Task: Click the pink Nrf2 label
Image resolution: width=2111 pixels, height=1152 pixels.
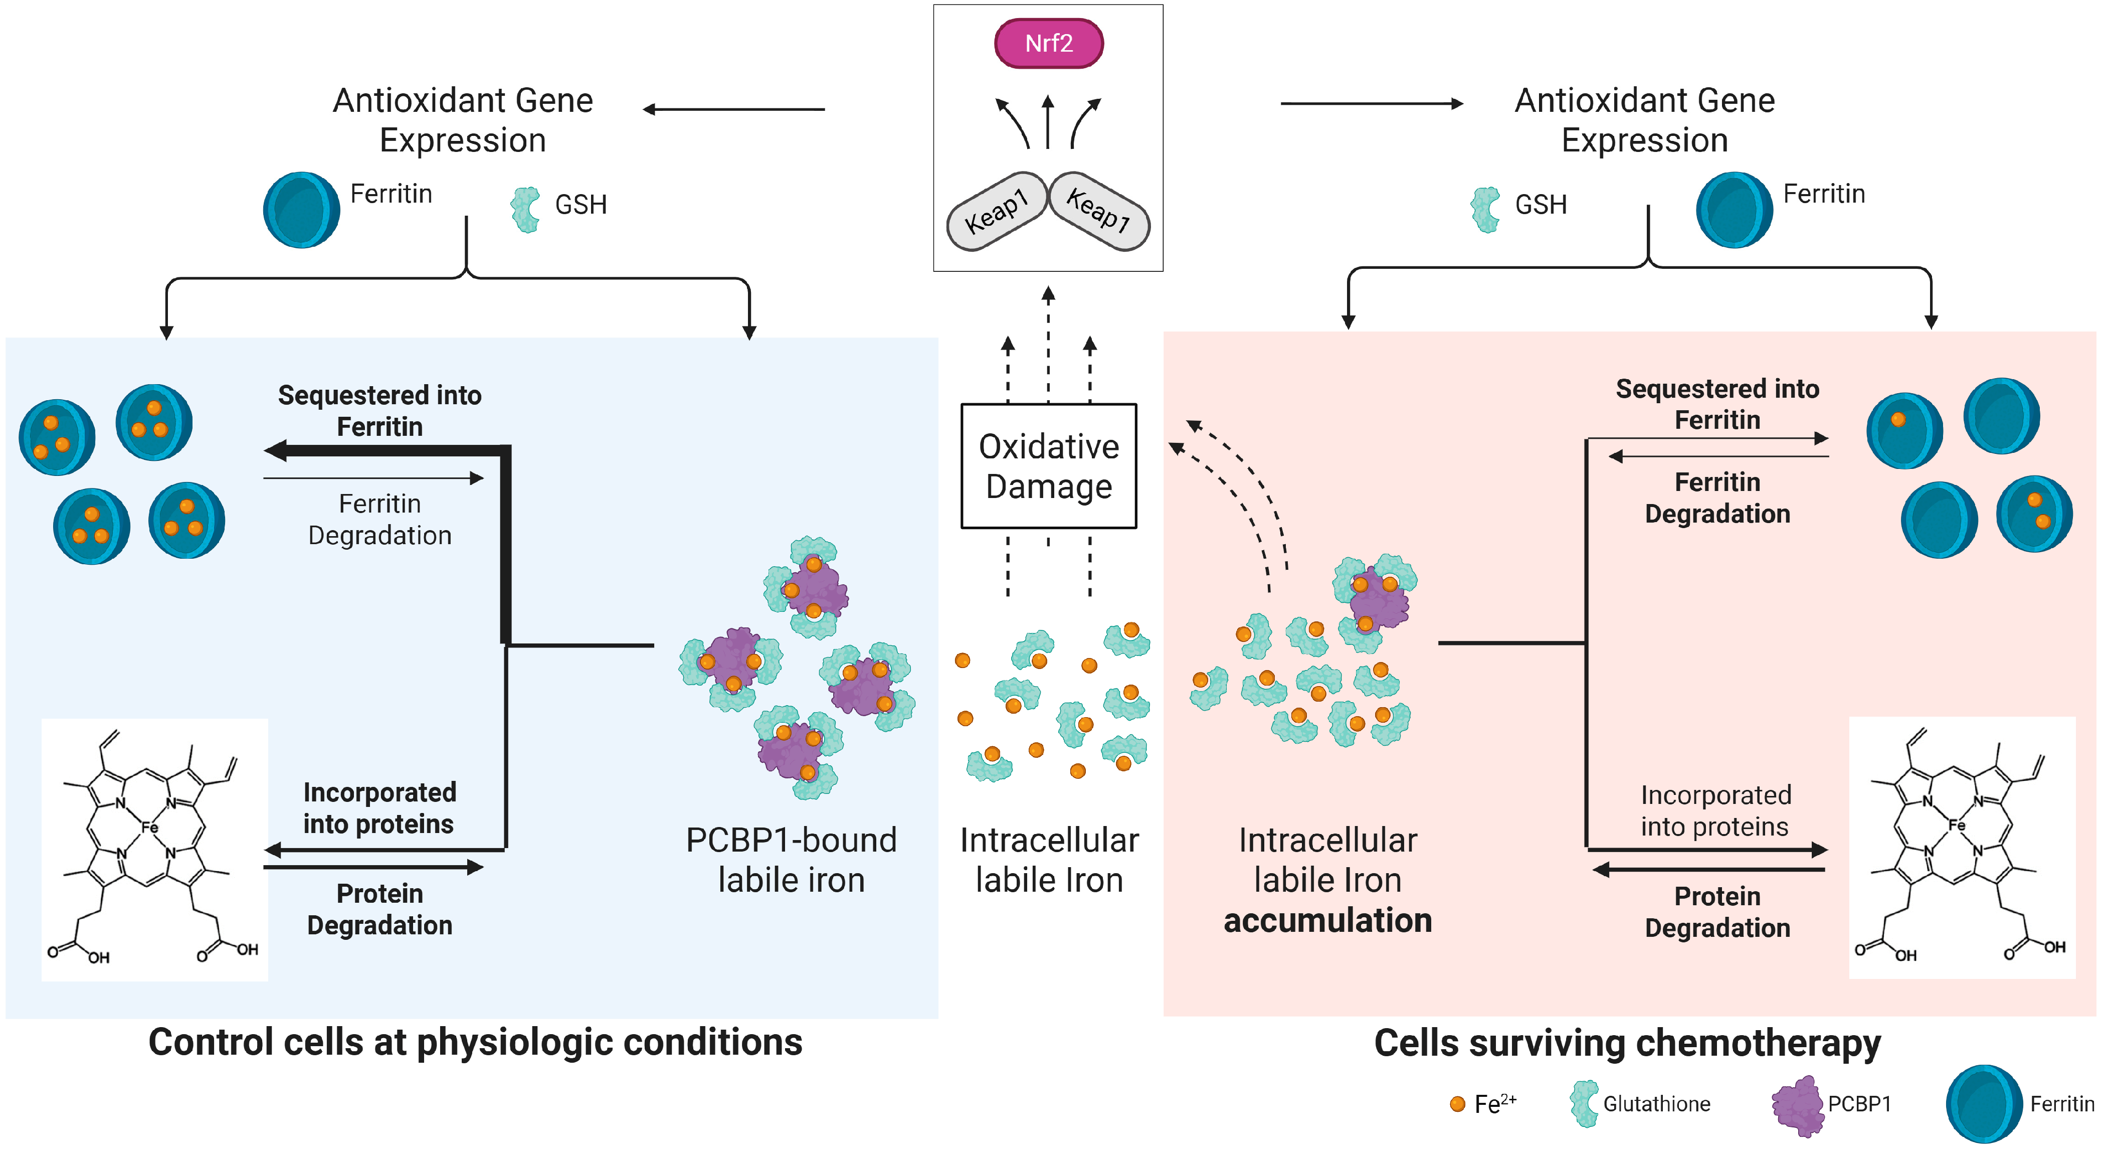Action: pyautogui.click(x=1048, y=44)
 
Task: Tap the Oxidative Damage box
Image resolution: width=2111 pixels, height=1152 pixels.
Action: pyautogui.click(x=1048, y=466)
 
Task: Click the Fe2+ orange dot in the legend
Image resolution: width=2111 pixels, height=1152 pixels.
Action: pyautogui.click(x=1457, y=1104)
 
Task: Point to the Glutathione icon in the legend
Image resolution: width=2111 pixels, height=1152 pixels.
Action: pyautogui.click(x=1584, y=1104)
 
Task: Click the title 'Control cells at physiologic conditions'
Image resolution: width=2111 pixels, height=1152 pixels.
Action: pyautogui.click(x=475, y=1042)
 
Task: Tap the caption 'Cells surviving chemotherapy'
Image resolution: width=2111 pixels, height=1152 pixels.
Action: pyautogui.click(x=1627, y=1044)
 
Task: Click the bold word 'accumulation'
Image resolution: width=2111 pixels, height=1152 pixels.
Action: pyautogui.click(x=1327, y=920)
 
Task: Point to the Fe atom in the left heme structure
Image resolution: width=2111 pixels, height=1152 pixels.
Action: pyautogui.click(x=149, y=828)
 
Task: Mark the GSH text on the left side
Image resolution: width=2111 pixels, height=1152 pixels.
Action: pyautogui.click(x=581, y=204)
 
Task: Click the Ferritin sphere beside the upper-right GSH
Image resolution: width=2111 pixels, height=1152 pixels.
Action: pyautogui.click(x=1734, y=210)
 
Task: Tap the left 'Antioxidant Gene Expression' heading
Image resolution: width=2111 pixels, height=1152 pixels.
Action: pyautogui.click(x=463, y=120)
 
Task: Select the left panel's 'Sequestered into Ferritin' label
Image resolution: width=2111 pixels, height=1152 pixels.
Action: pyautogui.click(x=379, y=411)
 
